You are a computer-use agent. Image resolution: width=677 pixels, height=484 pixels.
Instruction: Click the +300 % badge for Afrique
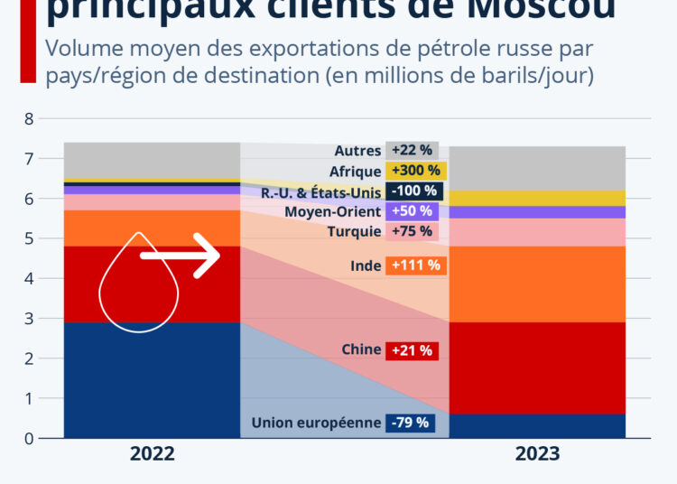416,171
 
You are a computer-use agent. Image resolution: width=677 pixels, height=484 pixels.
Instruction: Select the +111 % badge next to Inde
416,265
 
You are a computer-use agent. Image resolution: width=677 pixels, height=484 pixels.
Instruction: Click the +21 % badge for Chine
412,350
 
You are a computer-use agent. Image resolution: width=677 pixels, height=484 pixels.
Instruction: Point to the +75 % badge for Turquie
411,232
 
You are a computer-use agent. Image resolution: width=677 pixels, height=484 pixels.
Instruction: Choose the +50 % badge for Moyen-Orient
411,211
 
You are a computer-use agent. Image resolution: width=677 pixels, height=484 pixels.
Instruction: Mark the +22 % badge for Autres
411,150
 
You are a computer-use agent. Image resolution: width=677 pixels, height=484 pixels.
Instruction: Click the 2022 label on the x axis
152,453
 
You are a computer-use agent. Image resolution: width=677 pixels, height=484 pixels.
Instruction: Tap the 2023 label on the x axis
537,453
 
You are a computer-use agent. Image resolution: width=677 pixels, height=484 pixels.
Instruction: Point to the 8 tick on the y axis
29,118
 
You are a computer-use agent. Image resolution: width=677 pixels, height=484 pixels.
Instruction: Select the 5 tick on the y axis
29,238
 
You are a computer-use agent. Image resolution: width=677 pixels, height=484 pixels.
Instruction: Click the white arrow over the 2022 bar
181,256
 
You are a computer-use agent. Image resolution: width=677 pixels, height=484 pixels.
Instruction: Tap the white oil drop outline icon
138,287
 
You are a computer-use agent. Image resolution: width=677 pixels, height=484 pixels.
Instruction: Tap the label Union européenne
315,423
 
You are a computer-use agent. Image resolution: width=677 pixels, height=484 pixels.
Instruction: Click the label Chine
361,350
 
